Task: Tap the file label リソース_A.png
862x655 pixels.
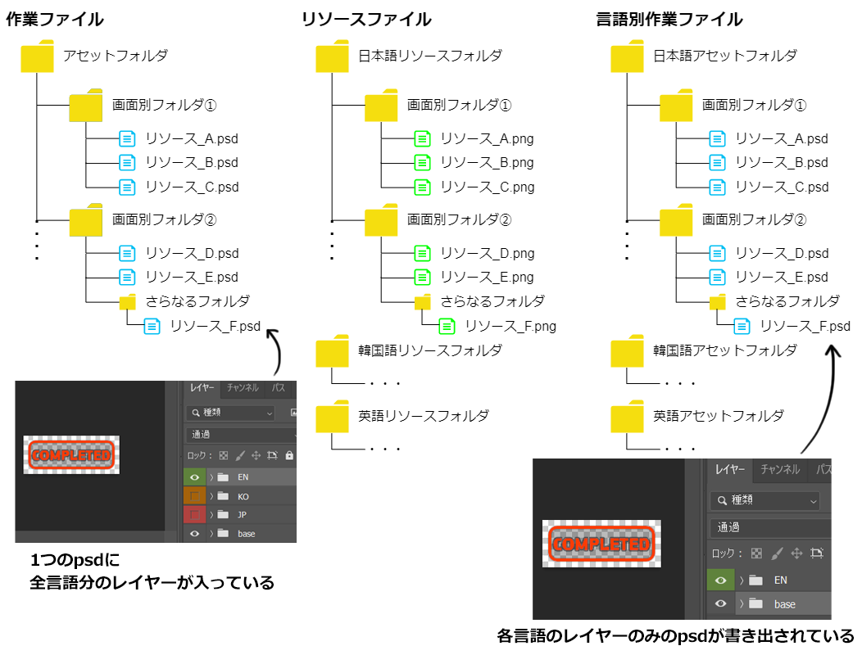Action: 487,139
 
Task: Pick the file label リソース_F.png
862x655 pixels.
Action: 510,327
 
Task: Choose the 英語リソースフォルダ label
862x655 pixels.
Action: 423,416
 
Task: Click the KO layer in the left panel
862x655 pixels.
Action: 243,496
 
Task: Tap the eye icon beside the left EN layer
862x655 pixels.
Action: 195,477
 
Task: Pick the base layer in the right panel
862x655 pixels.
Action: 784,604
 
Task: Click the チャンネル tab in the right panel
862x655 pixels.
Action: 780,470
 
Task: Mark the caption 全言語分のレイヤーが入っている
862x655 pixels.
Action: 152,583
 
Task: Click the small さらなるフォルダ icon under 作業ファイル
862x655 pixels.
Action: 127,303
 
